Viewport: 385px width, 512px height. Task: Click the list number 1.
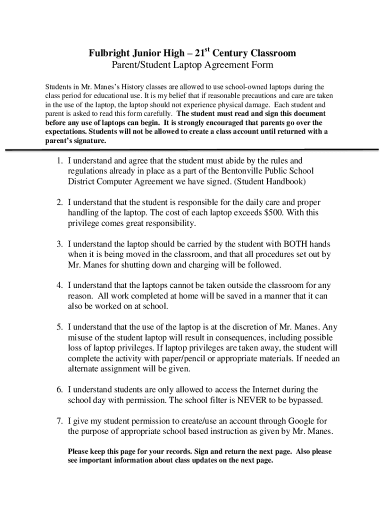[x=58, y=161]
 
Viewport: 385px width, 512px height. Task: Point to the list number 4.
[x=58, y=286]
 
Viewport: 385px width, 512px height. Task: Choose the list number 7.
[x=58, y=421]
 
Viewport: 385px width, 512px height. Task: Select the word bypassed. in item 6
[x=304, y=400]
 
